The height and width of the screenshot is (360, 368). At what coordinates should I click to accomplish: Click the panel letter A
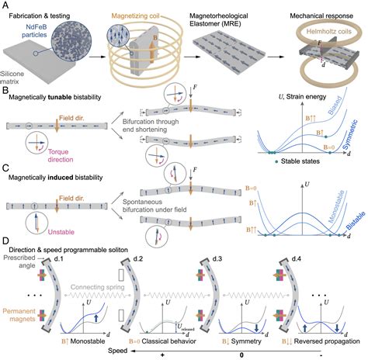tap(7, 6)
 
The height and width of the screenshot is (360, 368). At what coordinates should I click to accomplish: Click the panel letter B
tap(6, 92)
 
